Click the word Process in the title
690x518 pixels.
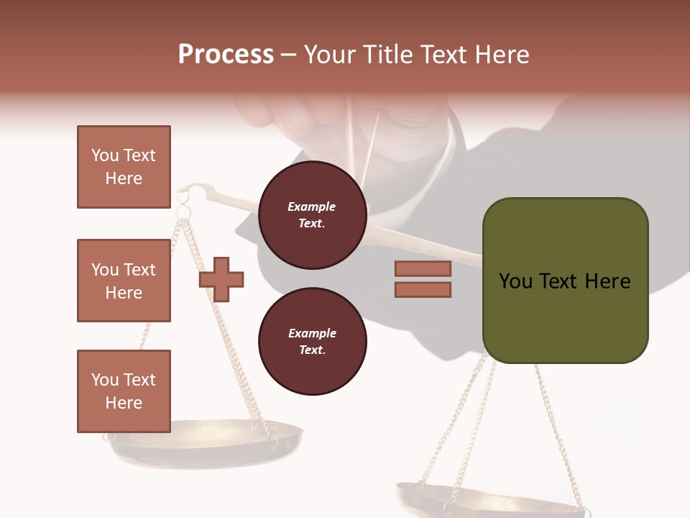click(226, 55)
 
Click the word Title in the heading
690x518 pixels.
click(385, 55)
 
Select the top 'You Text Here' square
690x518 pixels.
click(124, 167)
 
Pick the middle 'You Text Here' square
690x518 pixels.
click(124, 281)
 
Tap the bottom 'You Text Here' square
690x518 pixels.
click(124, 391)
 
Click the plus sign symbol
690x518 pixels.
click(221, 279)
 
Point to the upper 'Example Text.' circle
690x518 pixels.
click(312, 215)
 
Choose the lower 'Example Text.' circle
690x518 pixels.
click(312, 342)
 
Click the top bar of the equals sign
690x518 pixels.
click(423, 268)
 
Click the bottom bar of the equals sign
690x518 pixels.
click(423, 290)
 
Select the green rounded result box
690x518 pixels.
click(565, 281)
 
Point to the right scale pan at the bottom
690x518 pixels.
click(489, 500)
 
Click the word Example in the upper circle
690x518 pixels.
click(312, 206)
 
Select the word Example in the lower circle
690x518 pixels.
click(312, 333)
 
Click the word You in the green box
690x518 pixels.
click(516, 281)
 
